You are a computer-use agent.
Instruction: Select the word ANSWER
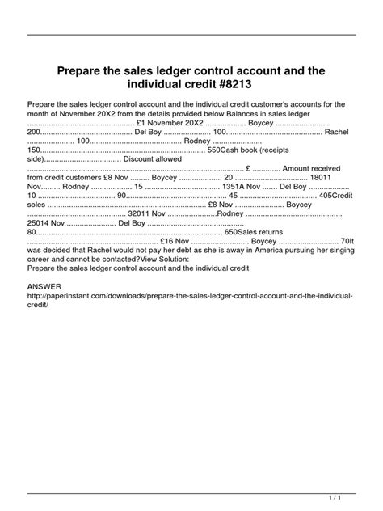44,287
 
